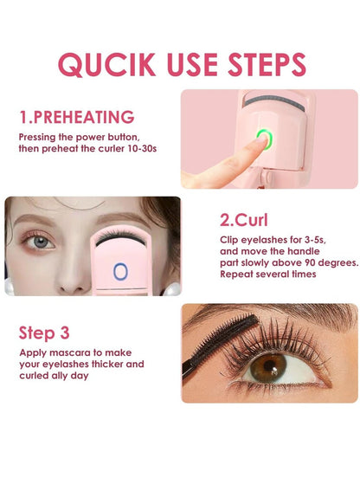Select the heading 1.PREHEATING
[77, 117]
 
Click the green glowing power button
[262, 137]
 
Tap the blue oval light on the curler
[120, 272]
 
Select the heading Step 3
[44, 333]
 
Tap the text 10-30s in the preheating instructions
[138, 148]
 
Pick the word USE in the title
[184, 64]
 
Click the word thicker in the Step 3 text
[106, 365]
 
